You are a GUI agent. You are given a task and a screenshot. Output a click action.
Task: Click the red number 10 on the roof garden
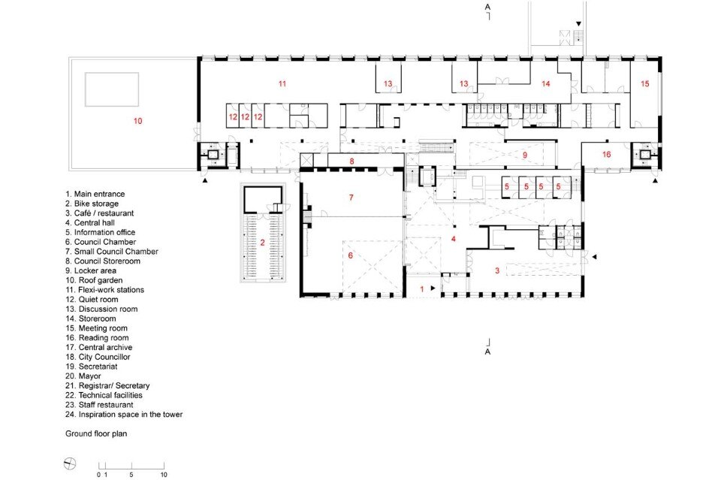(x=138, y=121)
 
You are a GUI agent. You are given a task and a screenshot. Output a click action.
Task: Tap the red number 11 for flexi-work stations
(x=282, y=83)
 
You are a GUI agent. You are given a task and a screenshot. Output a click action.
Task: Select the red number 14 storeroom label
(x=546, y=83)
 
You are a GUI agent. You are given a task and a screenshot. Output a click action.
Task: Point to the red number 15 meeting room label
(x=645, y=83)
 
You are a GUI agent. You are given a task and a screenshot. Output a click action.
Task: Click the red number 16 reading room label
(x=607, y=155)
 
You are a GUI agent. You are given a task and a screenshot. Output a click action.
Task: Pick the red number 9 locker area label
(x=525, y=155)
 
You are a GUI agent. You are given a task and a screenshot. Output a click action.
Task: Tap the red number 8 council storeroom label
(x=351, y=162)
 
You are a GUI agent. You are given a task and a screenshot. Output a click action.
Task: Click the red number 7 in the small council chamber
(x=351, y=198)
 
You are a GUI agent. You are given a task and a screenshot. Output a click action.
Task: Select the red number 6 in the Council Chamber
(x=351, y=255)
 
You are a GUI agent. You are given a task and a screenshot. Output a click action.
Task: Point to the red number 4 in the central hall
(x=454, y=239)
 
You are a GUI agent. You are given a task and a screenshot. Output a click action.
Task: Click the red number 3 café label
(x=497, y=271)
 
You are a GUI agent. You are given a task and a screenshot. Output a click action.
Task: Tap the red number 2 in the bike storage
(x=263, y=243)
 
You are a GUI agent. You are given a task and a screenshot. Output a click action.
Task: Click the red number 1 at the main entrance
(x=422, y=289)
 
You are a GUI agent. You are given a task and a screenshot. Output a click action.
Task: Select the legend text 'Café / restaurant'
(x=104, y=213)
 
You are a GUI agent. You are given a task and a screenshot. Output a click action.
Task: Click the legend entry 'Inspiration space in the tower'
(x=131, y=414)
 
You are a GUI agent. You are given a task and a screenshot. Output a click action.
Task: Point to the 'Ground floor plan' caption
(x=96, y=433)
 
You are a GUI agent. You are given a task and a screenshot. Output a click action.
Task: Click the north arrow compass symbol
(x=70, y=464)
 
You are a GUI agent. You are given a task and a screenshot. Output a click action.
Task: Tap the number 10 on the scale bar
(x=164, y=475)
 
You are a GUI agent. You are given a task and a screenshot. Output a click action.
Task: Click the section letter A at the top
(x=488, y=7)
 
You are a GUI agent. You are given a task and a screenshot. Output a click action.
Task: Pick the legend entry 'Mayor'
(x=89, y=376)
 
